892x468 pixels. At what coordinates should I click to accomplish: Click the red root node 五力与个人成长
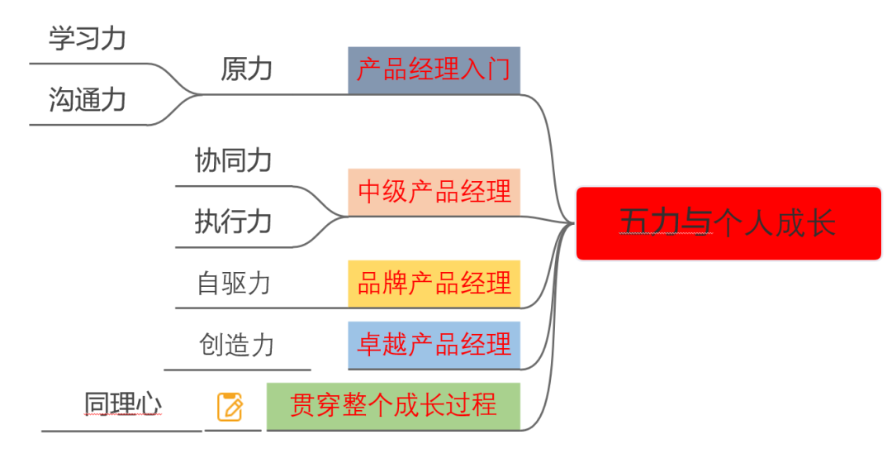pyautogui.click(x=728, y=223)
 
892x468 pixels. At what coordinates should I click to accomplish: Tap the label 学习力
pyautogui.click(x=87, y=38)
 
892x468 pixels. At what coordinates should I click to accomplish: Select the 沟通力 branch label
pyautogui.click(x=87, y=100)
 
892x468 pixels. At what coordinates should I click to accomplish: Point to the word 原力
pyautogui.click(x=246, y=69)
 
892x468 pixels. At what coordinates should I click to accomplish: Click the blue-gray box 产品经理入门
pyautogui.click(x=434, y=69)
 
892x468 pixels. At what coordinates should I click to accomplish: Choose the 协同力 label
pyautogui.click(x=233, y=160)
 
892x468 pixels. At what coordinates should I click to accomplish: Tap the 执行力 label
pyautogui.click(x=233, y=222)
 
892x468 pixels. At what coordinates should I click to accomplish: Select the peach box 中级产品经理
pyautogui.click(x=434, y=192)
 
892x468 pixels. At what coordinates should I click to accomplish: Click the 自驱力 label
pyautogui.click(x=234, y=284)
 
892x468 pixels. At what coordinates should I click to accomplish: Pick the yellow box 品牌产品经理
pyautogui.click(x=434, y=284)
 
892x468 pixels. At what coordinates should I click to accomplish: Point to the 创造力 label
pyautogui.click(x=236, y=345)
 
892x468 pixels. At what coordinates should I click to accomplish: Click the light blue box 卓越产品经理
pyautogui.click(x=434, y=344)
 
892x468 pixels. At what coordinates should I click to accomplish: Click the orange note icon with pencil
pyautogui.click(x=230, y=407)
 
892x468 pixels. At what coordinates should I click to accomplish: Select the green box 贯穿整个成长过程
pyautogui.click(x=393, y=405)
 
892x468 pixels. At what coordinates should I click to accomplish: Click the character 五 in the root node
pyautogui.click(x=636, y=223)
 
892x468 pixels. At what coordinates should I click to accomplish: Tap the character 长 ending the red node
pyautogui.click(x=821, y=223)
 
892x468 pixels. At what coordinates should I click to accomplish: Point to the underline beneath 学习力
pyautogui.click(x=91, y=63)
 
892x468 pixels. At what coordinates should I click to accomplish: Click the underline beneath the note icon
pyautogui.click(x=232, y=430)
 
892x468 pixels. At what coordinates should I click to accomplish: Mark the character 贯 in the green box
pyautogui.click(x=303, y=405)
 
